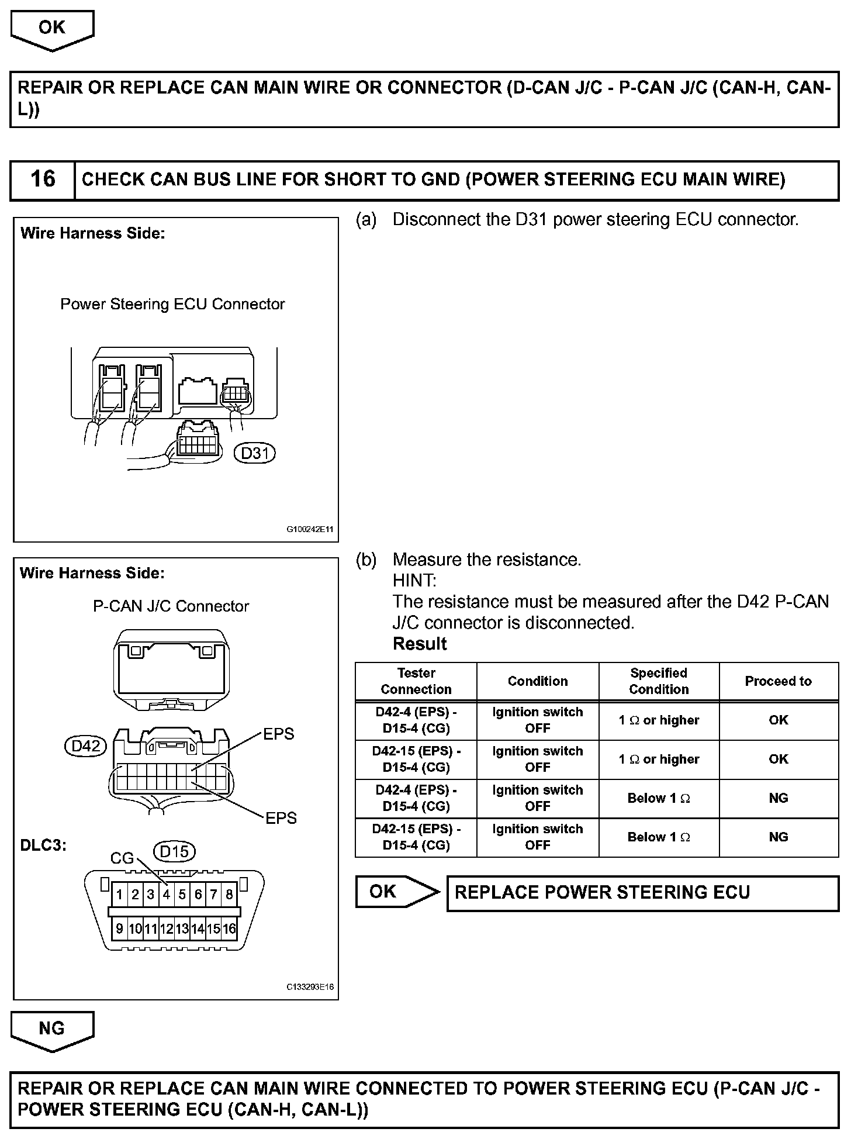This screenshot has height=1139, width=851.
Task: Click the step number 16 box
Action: [x=43, y=180]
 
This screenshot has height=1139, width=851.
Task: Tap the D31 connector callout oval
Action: [x=255, y=453]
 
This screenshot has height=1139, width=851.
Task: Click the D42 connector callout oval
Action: [x=86, y=746]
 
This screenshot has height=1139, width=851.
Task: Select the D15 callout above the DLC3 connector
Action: [x=174, y=851]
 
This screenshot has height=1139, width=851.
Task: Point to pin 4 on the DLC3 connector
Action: [x=167, y=894]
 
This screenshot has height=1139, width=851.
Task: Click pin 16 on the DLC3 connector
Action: [x=229, y=929]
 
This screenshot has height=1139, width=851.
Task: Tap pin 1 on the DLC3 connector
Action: [x=119, y=894]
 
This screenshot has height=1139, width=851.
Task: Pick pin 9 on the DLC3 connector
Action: [x=119, y=929]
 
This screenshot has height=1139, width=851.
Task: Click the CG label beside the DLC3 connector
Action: [x=122, y=858]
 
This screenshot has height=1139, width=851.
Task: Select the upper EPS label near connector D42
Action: [x=279, y=734]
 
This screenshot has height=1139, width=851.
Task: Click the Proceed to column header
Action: [x=778, y=681]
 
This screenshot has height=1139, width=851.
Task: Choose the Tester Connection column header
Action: [x=416, y=681]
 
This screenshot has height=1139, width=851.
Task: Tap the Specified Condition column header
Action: [x=659, y=681]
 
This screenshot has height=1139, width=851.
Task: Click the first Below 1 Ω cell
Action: [x=659, y=798]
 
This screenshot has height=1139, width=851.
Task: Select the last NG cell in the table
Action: [x=778, y=837]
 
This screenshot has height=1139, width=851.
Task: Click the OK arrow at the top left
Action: [x=52, y=28]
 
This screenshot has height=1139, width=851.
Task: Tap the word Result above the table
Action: [x=420, y=644]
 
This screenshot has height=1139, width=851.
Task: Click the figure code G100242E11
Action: [x=310, y=530]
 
